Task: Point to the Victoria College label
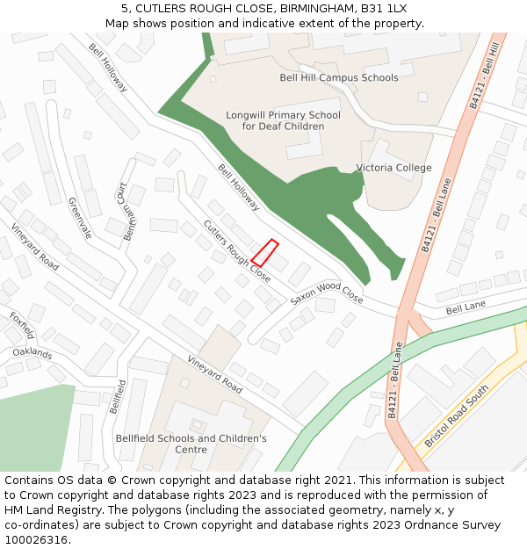pyautogui.click(x=393, y=168)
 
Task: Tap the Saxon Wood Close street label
pyautogui.click(x=327, y=294)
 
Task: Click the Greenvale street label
pyautogui.click(x=80, y=218)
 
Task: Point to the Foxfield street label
pyautogui.click(x=22, y=325)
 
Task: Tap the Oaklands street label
pyautogui.click(x=32, y=353)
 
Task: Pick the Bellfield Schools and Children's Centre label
pyautogui.click(x=191, y=444)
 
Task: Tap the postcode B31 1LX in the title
pyautogui.click(x=385, y=9)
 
